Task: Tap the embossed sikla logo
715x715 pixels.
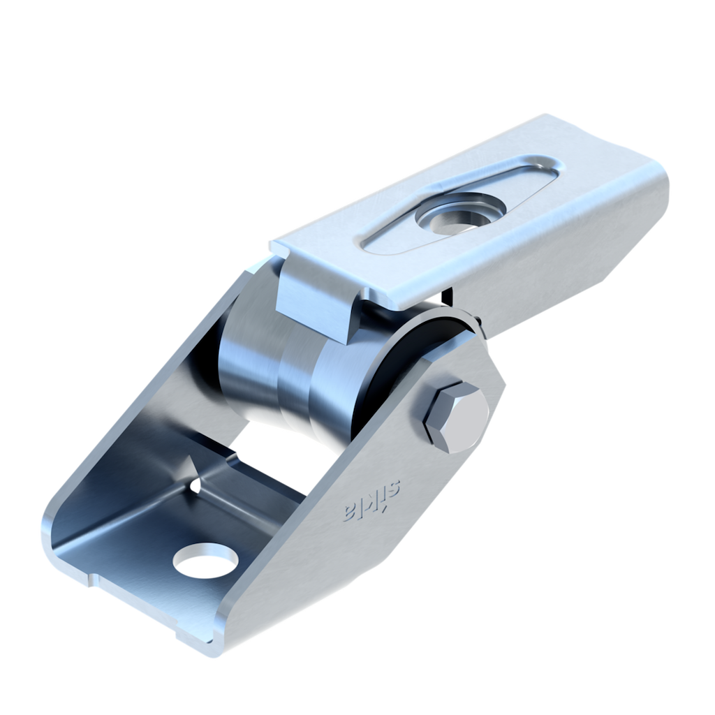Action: [x=371, y=501]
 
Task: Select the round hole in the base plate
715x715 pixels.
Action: [x=206, y=561]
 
